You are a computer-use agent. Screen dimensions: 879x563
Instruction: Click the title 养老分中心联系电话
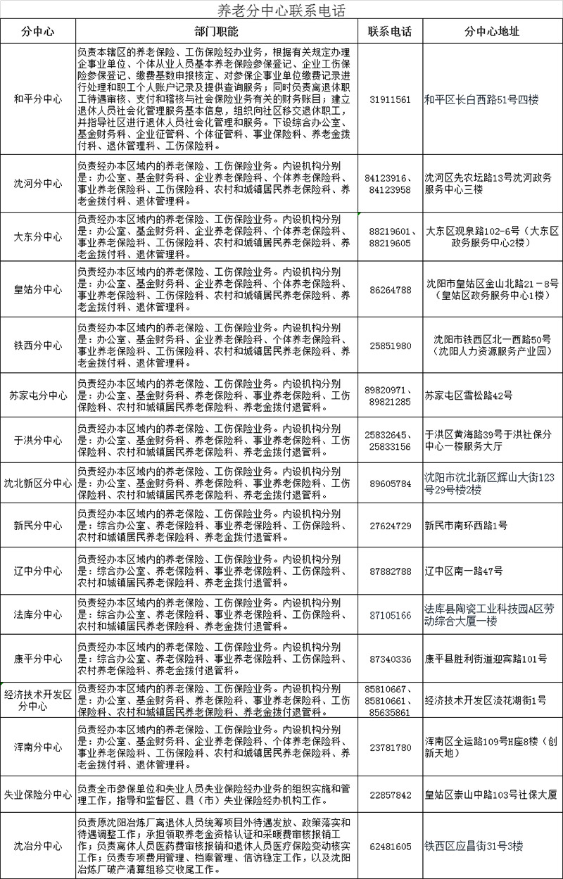281,10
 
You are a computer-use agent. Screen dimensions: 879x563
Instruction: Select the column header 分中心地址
492,32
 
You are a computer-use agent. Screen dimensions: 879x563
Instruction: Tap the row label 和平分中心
38,99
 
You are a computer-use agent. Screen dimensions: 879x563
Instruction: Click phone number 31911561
389,99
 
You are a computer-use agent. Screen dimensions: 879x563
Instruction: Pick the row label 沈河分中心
38,184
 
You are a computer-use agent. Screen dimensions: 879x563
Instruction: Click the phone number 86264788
389,289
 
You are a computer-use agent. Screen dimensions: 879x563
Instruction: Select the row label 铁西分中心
38,346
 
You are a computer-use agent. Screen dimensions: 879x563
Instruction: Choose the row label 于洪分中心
38,440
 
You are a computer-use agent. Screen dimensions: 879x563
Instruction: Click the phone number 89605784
389,483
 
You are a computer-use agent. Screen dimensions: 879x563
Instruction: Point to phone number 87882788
389,571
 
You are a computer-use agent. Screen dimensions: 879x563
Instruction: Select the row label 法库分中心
38,614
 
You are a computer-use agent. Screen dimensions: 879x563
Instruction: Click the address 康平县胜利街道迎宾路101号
486,659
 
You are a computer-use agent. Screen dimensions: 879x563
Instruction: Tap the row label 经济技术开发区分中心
38,700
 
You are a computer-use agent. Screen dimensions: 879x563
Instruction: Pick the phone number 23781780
389,747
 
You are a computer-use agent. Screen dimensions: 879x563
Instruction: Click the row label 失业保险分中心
38,795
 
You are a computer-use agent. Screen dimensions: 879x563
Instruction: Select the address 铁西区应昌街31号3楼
474,846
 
